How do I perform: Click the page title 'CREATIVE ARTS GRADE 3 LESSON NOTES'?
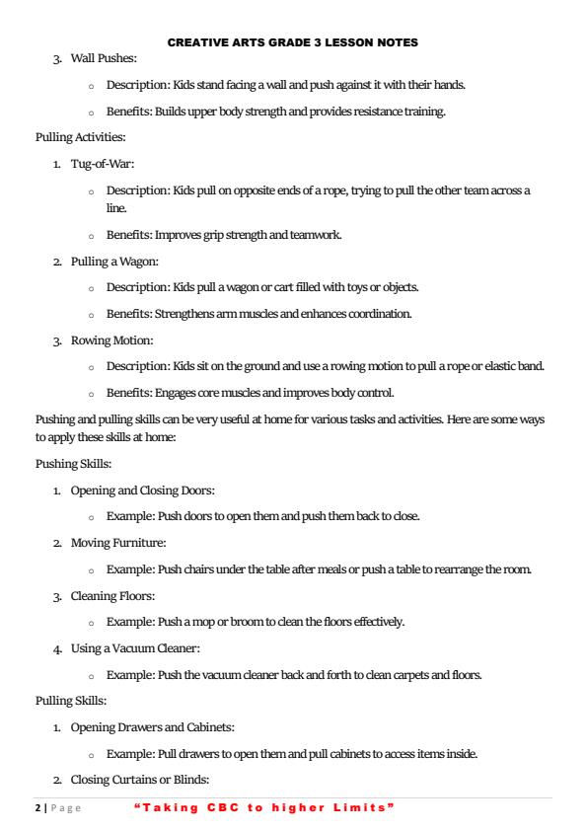[293, 42]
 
